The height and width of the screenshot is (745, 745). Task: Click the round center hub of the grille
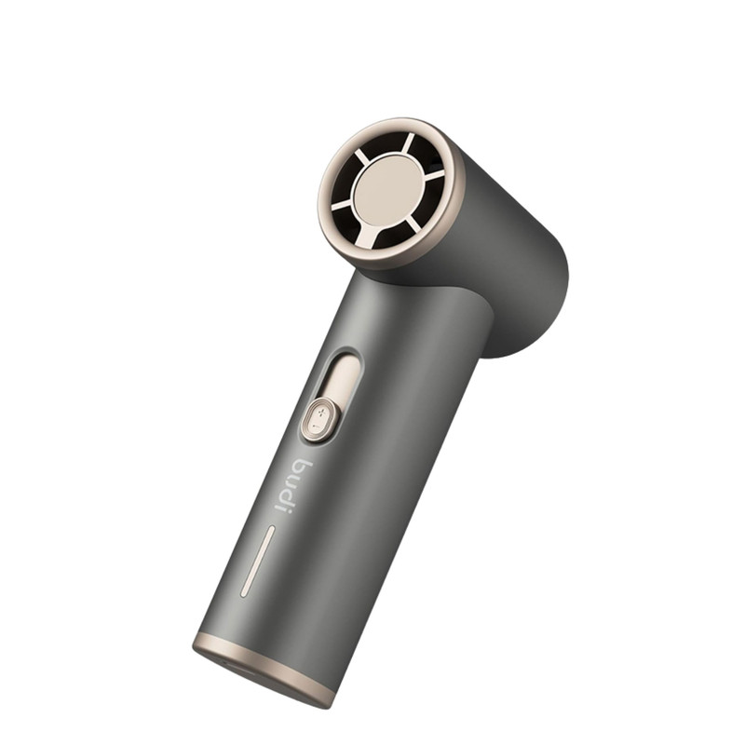388,190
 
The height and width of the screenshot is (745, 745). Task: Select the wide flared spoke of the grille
369,236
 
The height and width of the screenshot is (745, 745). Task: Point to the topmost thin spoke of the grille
409,143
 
